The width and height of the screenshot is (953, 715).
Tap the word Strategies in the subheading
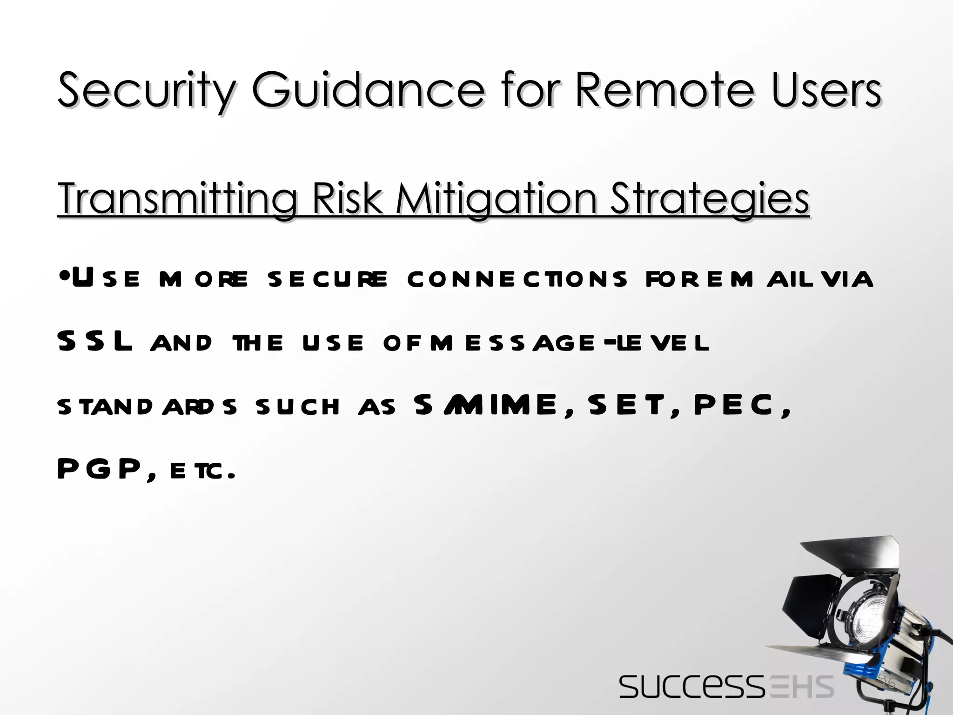coord(709,199)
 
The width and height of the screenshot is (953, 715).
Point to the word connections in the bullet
coord(517,279)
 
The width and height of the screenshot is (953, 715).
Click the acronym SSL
coord(95,342)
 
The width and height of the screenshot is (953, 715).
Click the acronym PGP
coord(100,469)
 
